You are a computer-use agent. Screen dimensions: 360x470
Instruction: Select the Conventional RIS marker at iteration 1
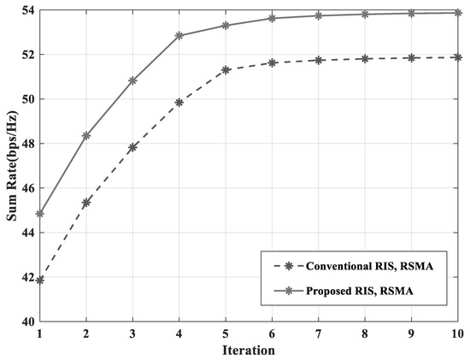click(x=39, y=280)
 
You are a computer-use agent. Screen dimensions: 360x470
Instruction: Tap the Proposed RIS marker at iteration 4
click(x=179, y=36)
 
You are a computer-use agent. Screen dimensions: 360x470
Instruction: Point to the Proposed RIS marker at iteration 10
click(x=457, y=13)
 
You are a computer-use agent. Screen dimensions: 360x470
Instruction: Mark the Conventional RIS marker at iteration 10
click(x=457, y=57)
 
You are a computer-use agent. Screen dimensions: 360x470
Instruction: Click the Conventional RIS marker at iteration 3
click(x=132, y=147)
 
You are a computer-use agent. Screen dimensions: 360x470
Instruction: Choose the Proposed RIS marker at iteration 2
click(x=86, y=135)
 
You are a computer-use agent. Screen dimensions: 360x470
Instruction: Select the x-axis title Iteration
click(x=248, y=350)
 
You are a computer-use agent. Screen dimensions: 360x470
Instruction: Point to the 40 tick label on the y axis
click(x=26, y=322)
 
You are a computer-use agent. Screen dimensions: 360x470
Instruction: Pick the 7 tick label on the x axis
click(x=318, y=333)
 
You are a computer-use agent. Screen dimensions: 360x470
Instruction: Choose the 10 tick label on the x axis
click(x=456, y=333)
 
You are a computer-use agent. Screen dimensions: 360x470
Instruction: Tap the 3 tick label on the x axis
click(x=132, y=333)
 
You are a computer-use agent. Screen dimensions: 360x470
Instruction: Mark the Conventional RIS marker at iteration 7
click(x=318, y=60)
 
